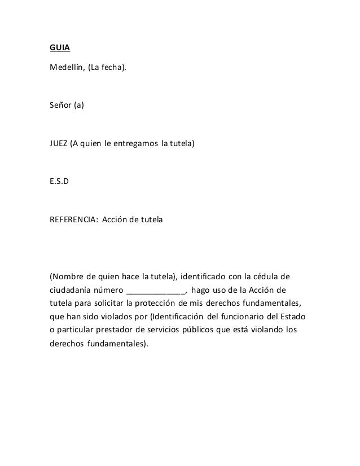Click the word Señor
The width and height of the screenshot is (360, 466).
(60, 105)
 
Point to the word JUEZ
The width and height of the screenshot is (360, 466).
(59, 144)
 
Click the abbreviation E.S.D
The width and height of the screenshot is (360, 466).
(60, 182)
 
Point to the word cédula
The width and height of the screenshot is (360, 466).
(264, 277)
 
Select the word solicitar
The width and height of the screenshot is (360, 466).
(104, 303)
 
